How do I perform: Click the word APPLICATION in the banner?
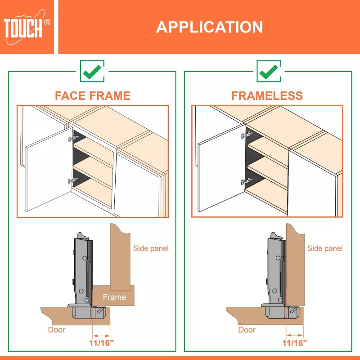[209, 27]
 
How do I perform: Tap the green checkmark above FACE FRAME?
[92, 71]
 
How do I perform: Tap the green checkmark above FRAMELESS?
[269, 71]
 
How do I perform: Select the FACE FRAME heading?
[92, 96]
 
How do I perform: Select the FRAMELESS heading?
[267, 96]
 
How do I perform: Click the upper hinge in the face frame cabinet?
[71, 137]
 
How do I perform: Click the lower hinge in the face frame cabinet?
[70, 181]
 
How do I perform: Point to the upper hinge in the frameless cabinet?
[247, 135]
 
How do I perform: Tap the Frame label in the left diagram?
[114, 297]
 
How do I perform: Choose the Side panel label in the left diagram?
[151, 248]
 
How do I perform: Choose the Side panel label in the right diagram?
[325, 248]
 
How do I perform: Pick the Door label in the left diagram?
[57, 330]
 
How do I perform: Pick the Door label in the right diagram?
[247, 330]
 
